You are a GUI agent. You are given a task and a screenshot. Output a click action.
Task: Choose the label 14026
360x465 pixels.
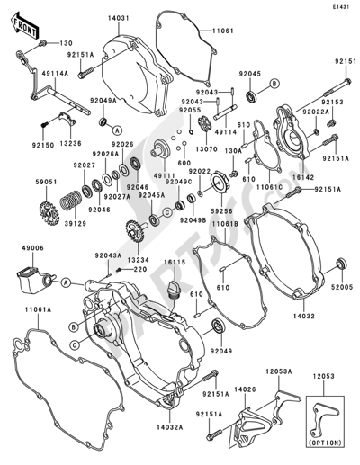(247, 389)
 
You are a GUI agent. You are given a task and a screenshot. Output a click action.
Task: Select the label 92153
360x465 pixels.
(333, 104)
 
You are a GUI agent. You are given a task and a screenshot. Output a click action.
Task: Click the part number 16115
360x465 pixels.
(173, 264)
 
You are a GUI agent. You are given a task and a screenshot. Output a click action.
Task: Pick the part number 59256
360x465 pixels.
(221, 213)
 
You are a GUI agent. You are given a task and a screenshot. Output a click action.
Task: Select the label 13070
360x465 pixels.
(206, 148)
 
